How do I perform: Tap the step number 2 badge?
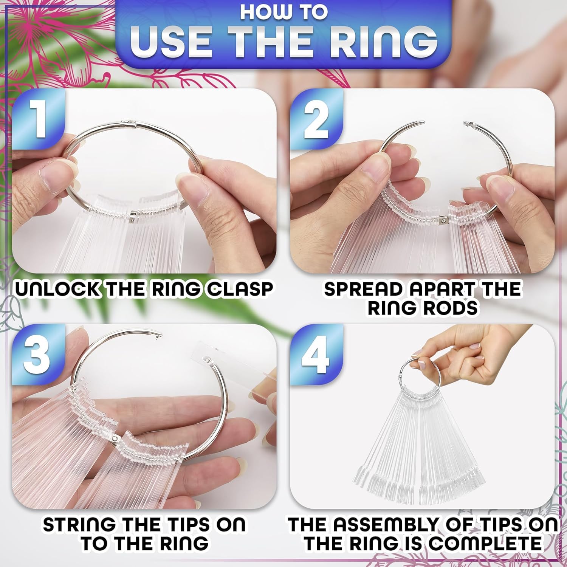(x=317, y=117)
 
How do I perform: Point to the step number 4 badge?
(x=317, y=352)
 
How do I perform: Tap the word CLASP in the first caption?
(x=241, y=289)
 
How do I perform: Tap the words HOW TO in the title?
(x=283, y=12)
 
